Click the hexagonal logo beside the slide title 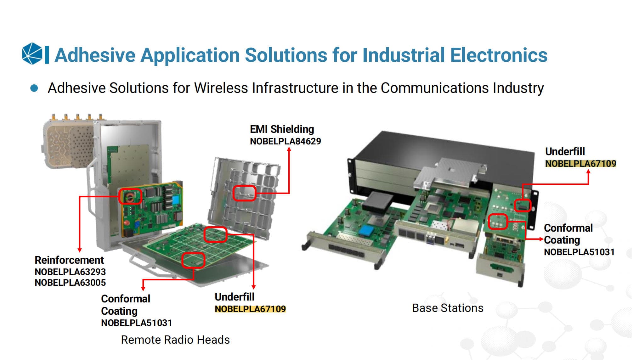32,54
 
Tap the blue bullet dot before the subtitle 34,88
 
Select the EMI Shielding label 282,129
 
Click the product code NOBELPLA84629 285,141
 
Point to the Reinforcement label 69,260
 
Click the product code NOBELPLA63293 70,272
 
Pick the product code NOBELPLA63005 70,283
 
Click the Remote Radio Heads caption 175,340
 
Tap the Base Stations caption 448,308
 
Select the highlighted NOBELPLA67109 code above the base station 580,164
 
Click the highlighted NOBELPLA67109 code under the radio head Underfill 250,309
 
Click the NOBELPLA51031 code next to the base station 579,252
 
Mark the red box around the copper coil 130,197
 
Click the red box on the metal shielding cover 244,193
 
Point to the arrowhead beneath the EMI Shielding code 289,149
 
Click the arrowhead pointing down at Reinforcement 80,250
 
